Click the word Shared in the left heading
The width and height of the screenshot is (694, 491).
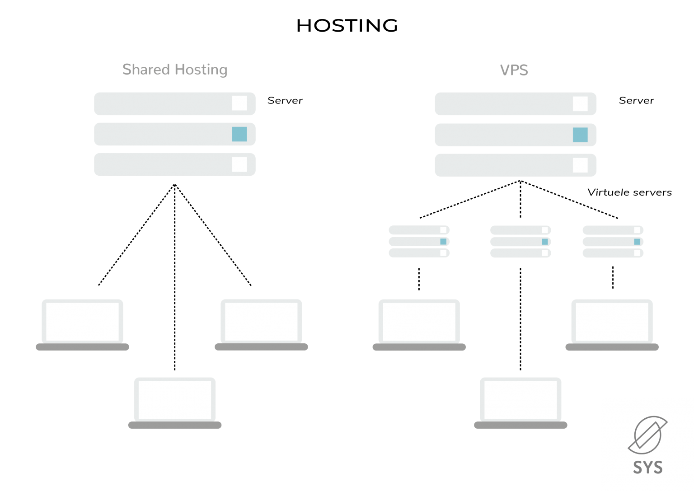146,70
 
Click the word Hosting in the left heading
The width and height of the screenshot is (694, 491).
201,70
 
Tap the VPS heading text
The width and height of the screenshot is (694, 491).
514,70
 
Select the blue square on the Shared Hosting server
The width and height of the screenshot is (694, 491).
239,134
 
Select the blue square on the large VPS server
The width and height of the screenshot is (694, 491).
580,135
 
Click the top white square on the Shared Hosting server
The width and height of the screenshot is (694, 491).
239,103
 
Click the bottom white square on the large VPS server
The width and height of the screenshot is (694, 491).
580,165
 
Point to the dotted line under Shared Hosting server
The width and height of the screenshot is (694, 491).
175,271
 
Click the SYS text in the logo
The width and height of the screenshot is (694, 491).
647,467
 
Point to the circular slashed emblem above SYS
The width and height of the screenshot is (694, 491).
647,435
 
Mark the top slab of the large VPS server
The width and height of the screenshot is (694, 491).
515,103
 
